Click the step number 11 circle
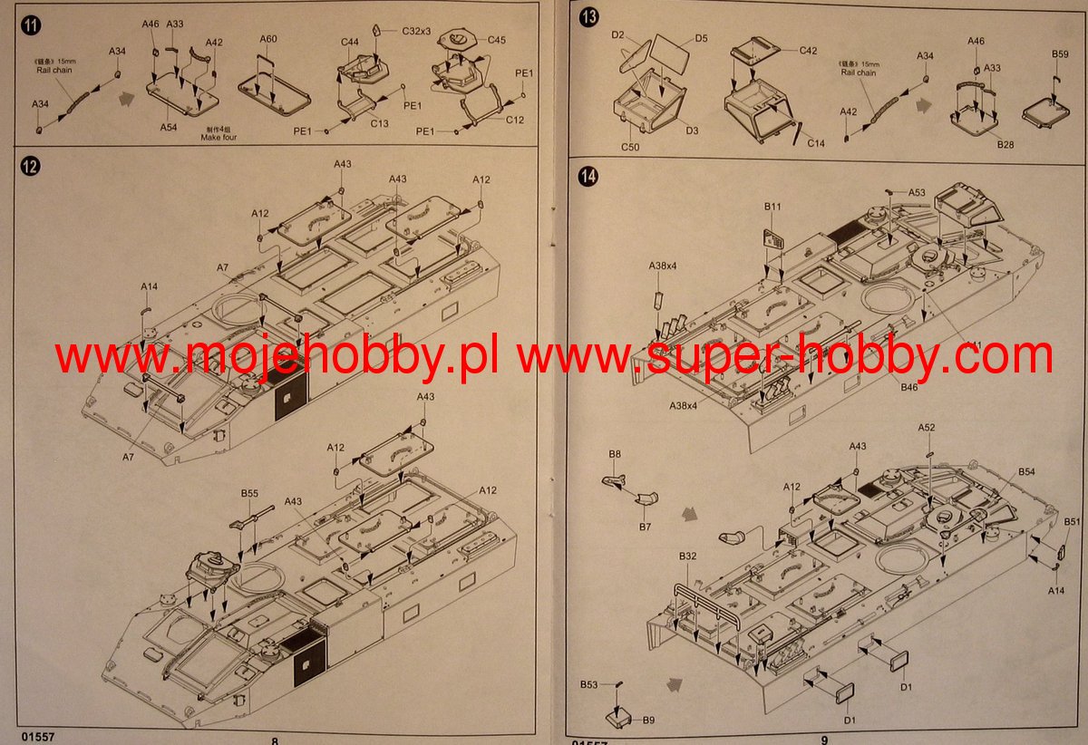pos(32,24)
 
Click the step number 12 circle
pos(32,167)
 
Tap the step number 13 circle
pos(589,17)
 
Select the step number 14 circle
pos(589,177)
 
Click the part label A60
pos(267,39)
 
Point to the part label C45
pos(497,40)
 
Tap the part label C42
pos(809,51)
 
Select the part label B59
pos(1060,54)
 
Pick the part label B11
pos(772,207)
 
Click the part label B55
pos(249,493)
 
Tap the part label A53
pos(917,192)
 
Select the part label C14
pos(816,143)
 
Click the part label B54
pos(1026,472)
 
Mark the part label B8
pos(615,453)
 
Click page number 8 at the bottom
pos(274,740)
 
